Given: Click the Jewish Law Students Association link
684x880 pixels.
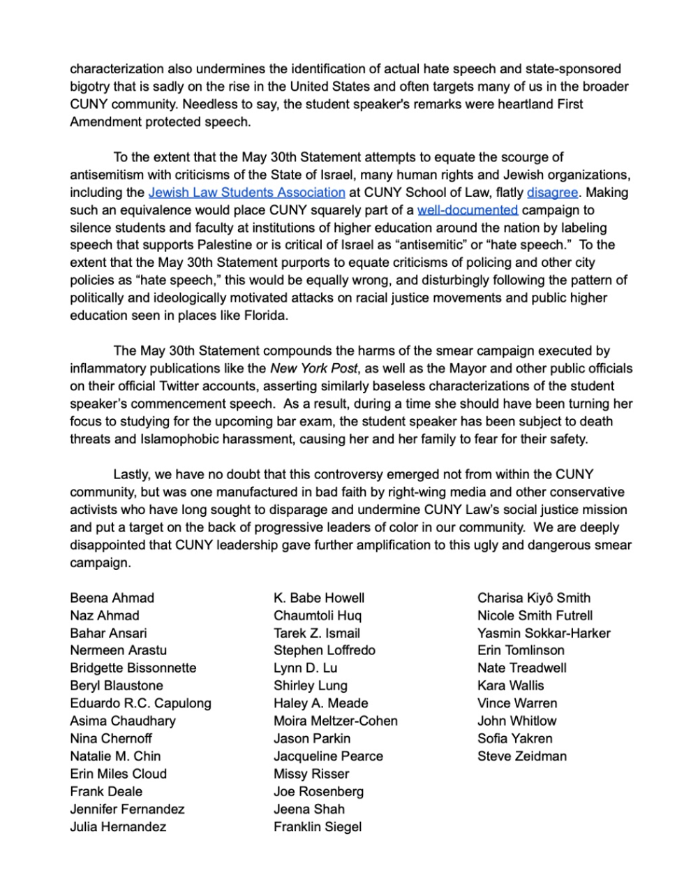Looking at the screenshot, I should coord(246,192).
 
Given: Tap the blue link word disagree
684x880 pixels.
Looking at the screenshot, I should coord(552,192).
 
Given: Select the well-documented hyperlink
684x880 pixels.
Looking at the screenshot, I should coord(467,210).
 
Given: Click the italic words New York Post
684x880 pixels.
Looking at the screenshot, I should coord(314,368).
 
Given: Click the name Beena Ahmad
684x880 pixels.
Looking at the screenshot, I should coord(112,598).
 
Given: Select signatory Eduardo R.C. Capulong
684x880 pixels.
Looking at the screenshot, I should coord(140,703).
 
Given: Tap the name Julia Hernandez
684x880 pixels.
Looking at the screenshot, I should coord(118,827).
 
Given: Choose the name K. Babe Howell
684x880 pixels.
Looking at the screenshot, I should coord(319,598).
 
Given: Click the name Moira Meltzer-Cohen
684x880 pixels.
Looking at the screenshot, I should coord(335,721).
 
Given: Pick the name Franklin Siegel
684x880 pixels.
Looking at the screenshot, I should coord(318,827).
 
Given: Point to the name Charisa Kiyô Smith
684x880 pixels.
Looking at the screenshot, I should coord(533,598).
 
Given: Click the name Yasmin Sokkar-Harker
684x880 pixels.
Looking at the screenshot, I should coord(544,633).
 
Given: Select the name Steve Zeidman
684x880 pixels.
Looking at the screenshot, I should coord(521,756).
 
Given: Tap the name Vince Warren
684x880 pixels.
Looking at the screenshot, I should coord(516,703).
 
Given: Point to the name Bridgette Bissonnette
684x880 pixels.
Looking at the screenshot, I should coord(133,668).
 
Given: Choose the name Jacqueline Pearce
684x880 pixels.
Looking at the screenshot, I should coord(328,756).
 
